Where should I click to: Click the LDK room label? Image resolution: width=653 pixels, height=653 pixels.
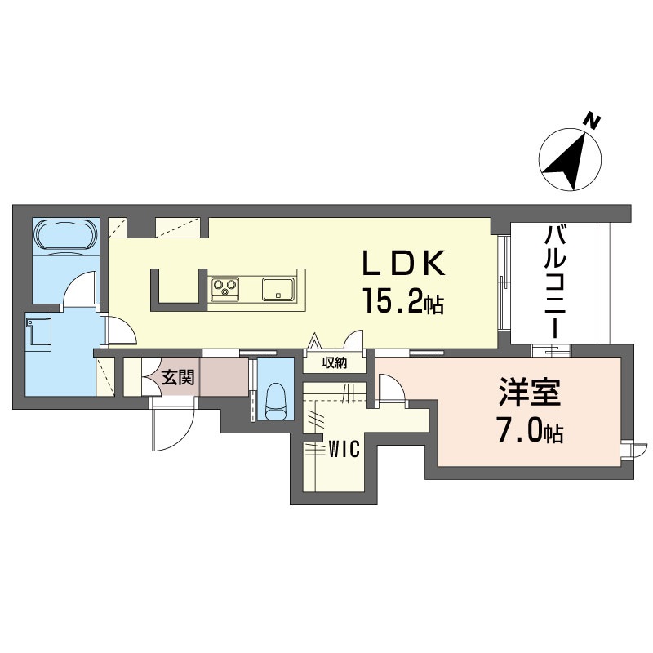(404, 264)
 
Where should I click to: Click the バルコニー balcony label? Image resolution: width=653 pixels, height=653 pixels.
(554, 282)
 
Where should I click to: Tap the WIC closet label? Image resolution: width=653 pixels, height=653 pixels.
(344, 450)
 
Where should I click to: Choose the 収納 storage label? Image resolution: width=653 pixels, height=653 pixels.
(335, 363)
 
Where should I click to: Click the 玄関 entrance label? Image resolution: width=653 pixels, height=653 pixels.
(178, 378)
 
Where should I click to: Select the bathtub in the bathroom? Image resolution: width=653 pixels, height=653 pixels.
(67, 237)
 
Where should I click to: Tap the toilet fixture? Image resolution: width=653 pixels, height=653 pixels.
(275, 402)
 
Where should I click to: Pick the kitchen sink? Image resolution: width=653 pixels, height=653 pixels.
(278, 289)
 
